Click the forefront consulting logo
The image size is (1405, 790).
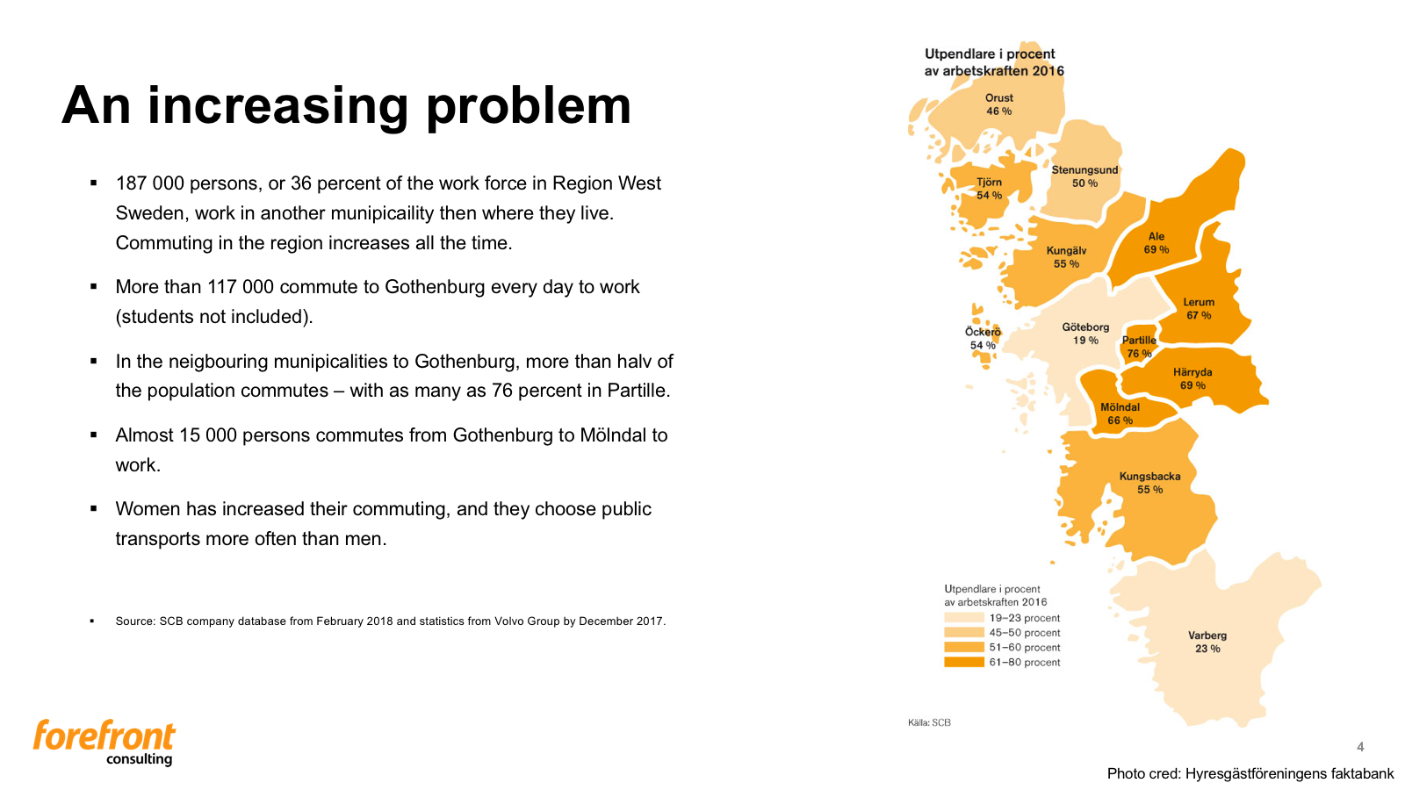click(104, 742)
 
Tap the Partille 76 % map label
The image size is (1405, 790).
click(1139, 347)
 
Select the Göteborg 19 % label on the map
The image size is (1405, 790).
click(1085, 334)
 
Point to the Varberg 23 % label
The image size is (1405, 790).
click(1207, 642)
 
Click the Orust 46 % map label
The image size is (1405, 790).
click(998, 104)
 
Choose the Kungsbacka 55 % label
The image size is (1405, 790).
click(1149, 483)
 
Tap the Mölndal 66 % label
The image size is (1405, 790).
click(1120, 413)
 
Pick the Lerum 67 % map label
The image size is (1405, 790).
click(1199, 308)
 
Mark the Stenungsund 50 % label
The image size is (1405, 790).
click(1084, 176)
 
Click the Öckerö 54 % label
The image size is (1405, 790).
click(983, 338)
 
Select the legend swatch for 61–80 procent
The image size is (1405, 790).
click(963, 662)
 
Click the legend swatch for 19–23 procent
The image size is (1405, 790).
click(963, 618)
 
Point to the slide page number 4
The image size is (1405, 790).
click(1360, 747)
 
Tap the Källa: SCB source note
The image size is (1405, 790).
click(929, 722)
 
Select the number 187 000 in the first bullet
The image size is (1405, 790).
click(150, 183)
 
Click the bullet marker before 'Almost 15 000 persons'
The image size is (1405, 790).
click(93, 434)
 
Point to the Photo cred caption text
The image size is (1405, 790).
click(1250, 773)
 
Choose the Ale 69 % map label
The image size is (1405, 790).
click(1156, 242)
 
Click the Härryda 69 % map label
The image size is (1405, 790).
click(1192, 378)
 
